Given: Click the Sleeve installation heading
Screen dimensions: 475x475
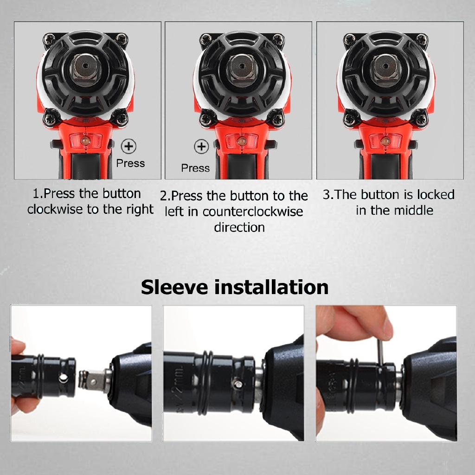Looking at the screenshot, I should pyautogui.click(x=235, y=287).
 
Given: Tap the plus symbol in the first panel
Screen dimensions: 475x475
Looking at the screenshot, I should pyautogui.click(x=128, y=147).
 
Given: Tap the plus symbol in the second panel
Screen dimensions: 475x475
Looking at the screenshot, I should pyautogui.click(x=201, y=148).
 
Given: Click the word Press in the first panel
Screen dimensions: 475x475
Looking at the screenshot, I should pyautogui.click(x=130, y=163).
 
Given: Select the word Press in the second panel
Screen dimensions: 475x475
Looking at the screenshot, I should pyautogui.click(x=195, y=168).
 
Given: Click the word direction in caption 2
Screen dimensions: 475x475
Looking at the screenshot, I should pyautogui.click(x=239, y=227).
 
